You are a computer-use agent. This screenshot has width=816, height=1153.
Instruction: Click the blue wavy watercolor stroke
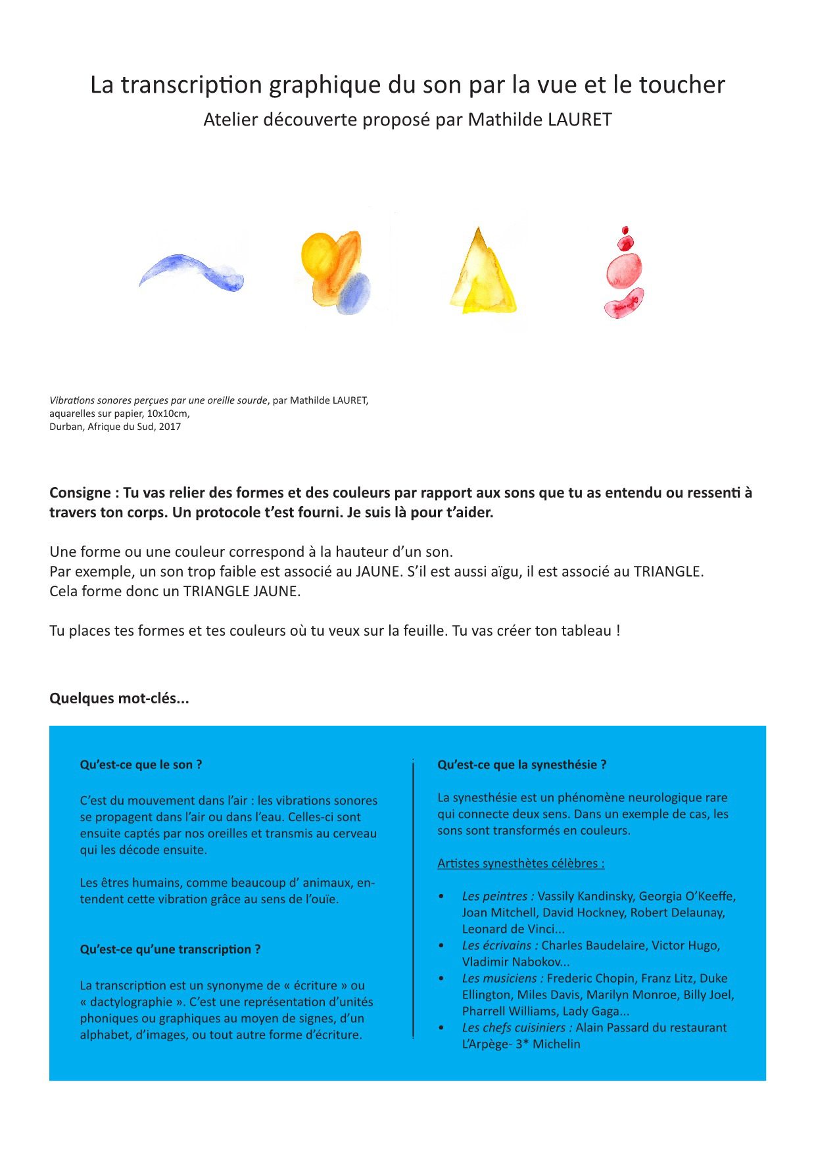click(191, 271)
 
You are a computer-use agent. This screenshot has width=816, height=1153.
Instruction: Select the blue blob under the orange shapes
click(354, 293)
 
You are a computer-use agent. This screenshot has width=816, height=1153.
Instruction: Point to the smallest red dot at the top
click(625, 231)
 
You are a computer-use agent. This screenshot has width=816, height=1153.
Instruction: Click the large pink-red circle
click(623, 270)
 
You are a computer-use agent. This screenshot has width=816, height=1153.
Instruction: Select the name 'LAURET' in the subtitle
click(580, 120)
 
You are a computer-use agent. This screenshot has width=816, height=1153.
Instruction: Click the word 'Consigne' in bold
click(80, 493)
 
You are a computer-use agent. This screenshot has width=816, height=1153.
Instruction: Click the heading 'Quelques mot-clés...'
click(119, 699)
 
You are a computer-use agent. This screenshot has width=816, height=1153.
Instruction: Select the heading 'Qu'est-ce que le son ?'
click(141, 765)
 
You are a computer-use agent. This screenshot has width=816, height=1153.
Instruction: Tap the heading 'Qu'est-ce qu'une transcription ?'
click(170, 950)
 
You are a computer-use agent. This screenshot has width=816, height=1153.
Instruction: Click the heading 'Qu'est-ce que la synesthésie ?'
click(522, 765)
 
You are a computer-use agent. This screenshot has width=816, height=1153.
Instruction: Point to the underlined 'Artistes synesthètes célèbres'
click(521, 864)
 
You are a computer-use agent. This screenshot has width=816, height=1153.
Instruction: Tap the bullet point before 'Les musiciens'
click(442, 979)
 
